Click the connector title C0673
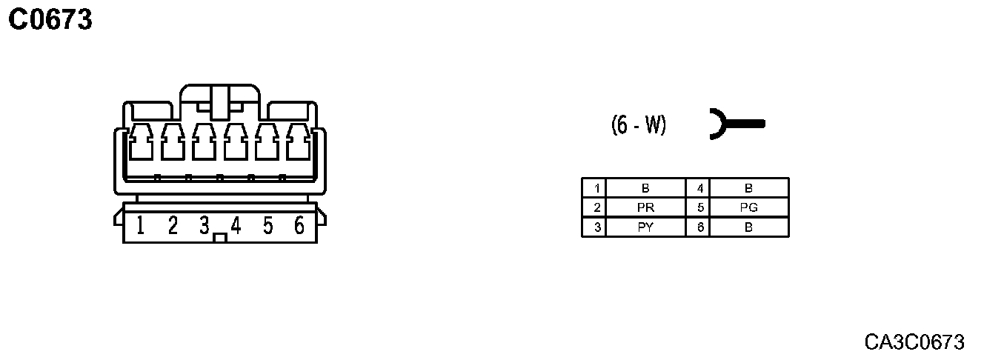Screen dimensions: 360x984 50,20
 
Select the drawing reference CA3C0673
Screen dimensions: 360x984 914,341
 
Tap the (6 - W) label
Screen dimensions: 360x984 638,125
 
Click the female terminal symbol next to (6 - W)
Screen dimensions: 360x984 734,124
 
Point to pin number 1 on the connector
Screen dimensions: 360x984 140,224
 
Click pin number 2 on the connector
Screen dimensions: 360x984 173,224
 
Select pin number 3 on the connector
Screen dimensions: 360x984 205,224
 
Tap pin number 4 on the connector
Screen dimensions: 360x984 236,224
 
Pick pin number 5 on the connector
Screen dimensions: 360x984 267,224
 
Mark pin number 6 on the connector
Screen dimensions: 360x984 299,224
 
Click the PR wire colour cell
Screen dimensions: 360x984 645,208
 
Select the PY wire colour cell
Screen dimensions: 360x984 645,227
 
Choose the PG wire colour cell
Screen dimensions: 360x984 749,208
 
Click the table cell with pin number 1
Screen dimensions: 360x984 595,189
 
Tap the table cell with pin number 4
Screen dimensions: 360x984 699,189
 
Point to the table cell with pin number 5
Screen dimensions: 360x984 699,208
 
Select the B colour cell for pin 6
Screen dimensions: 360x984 749,227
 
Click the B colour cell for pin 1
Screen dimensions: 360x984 645,189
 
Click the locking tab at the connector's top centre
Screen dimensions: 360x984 220,101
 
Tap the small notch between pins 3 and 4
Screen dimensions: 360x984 219,239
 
